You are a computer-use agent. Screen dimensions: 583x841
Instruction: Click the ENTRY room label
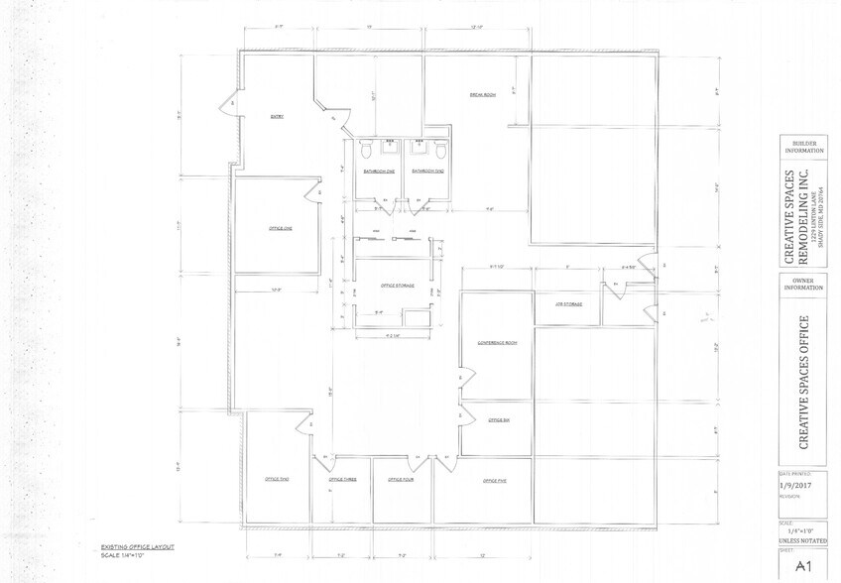pos(278,117)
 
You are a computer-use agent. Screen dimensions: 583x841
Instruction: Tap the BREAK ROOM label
pos(483,95)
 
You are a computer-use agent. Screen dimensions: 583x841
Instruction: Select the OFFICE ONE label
pos(281,229)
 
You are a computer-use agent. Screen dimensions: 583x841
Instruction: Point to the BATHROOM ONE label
pos(376,172)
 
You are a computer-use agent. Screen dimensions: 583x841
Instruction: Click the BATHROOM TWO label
pos(427,172)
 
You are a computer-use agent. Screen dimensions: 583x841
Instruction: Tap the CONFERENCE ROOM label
pos(498,343)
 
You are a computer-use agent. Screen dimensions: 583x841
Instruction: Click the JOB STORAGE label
pos(568,304)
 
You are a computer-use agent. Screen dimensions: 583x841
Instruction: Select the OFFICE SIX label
pos(498,420)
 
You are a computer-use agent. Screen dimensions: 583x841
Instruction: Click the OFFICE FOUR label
pos(401,480)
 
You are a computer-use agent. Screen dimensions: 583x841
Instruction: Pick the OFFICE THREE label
pos(342,480)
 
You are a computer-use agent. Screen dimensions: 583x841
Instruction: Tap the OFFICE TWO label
pos(277,480)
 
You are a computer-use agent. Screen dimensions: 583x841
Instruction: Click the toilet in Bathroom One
pos(366,150)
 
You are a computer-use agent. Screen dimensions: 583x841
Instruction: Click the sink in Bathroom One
pos(390,149)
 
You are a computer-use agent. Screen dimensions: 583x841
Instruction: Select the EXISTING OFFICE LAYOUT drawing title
pos(137,546)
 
